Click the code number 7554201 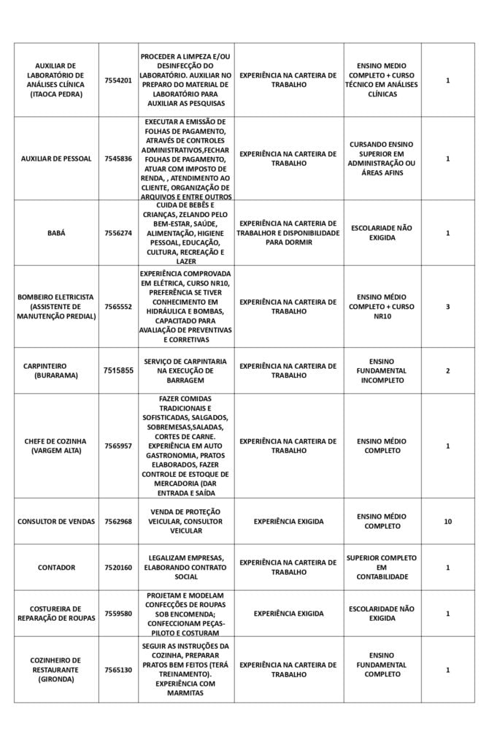pos(118,80)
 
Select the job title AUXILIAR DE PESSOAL pos(56,159)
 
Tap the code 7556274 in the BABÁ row pos(118,233)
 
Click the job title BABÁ pos(56,233)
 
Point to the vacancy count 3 pos(447,307)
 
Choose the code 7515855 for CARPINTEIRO pos(118,371)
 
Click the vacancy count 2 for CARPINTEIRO pos(447,371)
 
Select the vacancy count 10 pos(447,522)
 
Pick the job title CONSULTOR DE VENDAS pos(56,522)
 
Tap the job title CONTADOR pos(56,568)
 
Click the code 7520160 pos(118,568)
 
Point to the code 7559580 pos(118,614)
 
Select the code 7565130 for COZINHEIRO pos(118,670)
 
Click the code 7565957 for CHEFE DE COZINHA pos(118,446)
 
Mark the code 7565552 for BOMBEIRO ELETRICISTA pos(118,307)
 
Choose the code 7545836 pos(118,159)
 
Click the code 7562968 pos(118,522)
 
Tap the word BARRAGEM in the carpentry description pos(185,381)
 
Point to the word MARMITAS pos(185,693)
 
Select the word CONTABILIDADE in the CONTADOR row pos(382,577)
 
